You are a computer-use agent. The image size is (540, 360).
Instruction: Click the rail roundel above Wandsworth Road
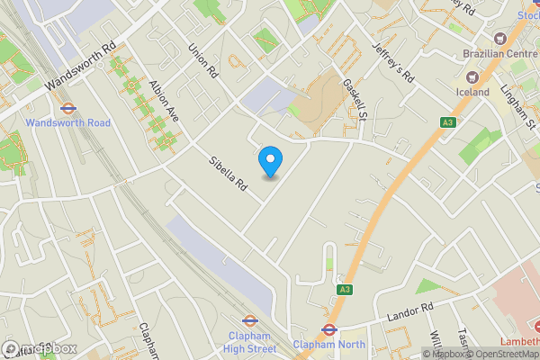pos(67,108)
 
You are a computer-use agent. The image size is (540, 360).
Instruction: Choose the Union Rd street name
pos(203,58)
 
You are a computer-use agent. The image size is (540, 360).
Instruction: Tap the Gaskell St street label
pos(356,98)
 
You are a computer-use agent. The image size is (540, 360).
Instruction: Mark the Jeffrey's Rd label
pos(394,62)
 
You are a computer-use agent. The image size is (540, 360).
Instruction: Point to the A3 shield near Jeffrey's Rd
pos(447,122)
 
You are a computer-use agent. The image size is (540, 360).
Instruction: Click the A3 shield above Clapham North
pos(345,289)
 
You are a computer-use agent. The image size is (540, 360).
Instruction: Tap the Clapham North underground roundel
pos(329,329)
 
